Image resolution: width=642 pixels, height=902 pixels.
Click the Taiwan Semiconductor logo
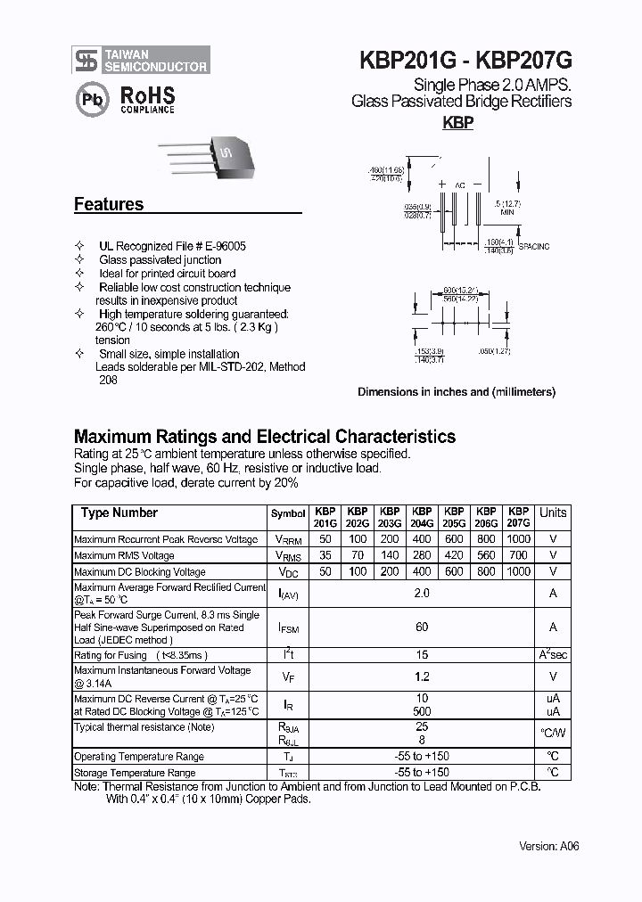click(x=141, y=60)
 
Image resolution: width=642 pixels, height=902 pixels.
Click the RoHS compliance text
click(x=148, y=99)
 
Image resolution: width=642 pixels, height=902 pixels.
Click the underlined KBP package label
click(x=458, y=124)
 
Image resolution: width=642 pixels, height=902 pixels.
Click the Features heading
click(x=109, y=204)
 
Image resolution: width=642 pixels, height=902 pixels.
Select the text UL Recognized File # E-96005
click(x=172, y=246)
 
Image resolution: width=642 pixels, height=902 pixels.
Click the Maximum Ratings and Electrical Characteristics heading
click(x=264, y=437)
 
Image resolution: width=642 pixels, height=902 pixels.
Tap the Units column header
click(x=553, y=512)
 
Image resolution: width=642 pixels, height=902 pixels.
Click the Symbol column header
click(x=288, y=514)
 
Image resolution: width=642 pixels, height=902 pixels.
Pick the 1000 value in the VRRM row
click(x=518, y=539)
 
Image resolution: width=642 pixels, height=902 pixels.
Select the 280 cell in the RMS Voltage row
click(x=422, y=555)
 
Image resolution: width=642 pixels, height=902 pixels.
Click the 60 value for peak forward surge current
click(x=422, y=627)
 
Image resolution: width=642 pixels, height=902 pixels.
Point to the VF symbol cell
click(x=288, y=677)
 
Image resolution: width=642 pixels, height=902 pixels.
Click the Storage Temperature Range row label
click(x=135, y=773)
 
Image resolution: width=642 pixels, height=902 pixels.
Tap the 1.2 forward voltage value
click(x=422, y=677)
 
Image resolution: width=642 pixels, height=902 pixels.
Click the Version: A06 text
click(x=549, y=846)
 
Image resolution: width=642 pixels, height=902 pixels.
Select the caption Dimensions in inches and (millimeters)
click(x=457, y=392)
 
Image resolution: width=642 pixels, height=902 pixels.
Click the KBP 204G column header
click(x=422, y=518)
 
